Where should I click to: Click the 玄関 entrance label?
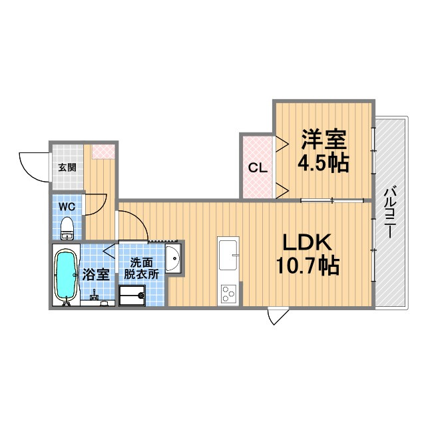coord(67,168)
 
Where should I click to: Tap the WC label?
coord(67,207)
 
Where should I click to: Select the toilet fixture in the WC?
coord(67,228)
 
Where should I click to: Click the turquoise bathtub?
coord(66,274)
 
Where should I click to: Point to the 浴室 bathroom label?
coord(96,274)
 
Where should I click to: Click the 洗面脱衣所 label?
coord(141,269)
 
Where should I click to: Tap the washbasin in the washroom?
coord(173,258)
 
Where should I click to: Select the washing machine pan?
coord(132,296)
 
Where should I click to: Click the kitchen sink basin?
coord(228,255)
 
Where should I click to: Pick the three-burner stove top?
coord(228,294)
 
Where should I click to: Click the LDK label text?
coord(308,242)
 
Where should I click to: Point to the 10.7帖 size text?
coord(308,266)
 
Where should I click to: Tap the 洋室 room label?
coord(323,139)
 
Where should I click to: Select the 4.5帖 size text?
coord(323,162)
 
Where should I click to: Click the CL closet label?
coord(258,168)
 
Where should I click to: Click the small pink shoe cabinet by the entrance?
coord(103,151)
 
